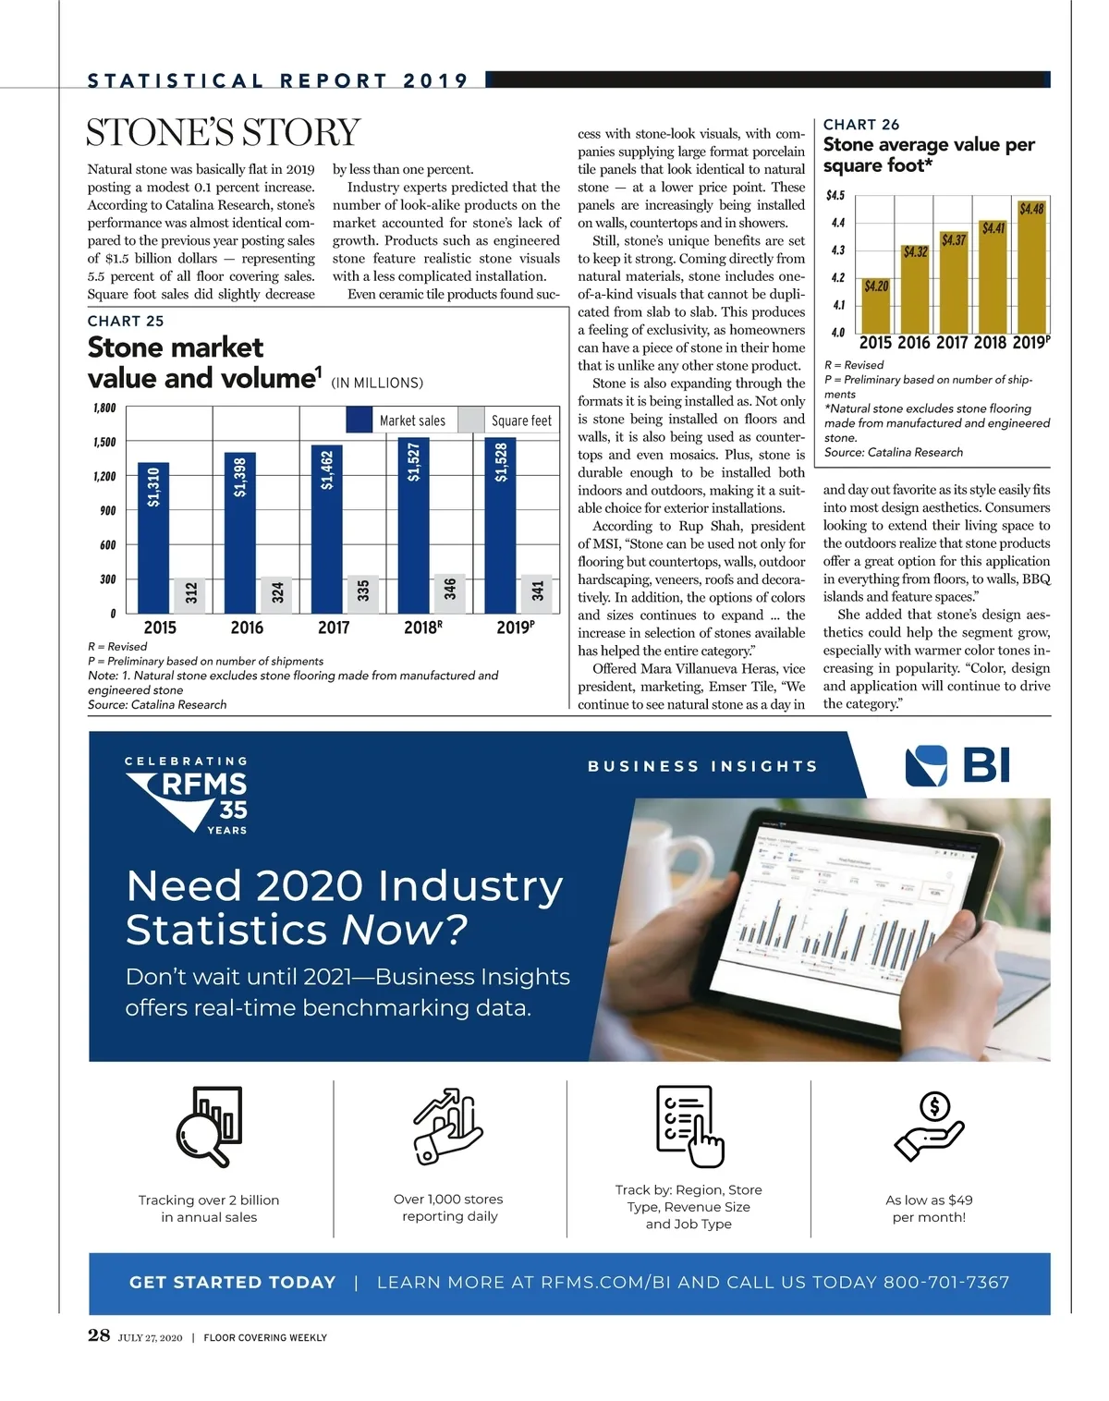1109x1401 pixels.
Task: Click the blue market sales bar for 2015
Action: [x=153, y=537]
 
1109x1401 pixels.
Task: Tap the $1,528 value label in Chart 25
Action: [x=501, y=461]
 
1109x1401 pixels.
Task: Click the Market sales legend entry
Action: [x=397, y=420]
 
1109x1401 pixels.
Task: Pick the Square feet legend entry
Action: [x=509, y=420]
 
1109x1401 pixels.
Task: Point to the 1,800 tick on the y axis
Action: [x=104, y=408]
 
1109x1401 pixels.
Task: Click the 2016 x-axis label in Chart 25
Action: [x=247, y=627]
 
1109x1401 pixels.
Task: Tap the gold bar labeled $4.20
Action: [x=875, y=306]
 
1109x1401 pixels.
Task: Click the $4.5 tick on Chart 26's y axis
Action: [x=835, y=196]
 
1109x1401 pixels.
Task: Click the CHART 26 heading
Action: [x=860, y=125]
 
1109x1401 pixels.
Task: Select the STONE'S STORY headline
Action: [x=223, y=132]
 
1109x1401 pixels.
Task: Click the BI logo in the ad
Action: [x=957, y=766]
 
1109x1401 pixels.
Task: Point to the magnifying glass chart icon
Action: [x=209, y=1126]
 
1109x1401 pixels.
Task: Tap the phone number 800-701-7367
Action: [x=946, y=1283]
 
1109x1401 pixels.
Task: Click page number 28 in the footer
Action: [x=99, y=1335]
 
